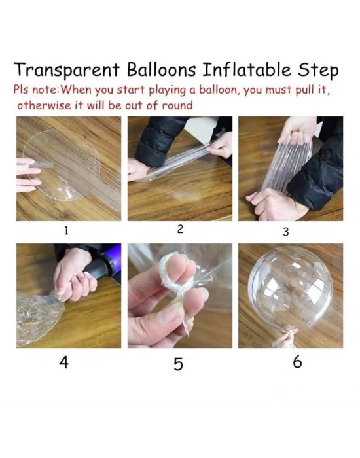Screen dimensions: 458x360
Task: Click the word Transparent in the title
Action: tap(63, 71)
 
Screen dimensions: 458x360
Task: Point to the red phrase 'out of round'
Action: tap(161, 105)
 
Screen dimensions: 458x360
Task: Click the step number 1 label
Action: tap(66, 230)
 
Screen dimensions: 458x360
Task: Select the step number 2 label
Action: tap(179, 229)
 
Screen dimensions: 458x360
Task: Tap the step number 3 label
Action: tap(285, 232)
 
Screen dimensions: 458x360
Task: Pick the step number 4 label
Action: tap(63, 362)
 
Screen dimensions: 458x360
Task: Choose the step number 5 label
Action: tap(178, 364)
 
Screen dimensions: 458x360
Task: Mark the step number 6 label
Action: tap(297, 362)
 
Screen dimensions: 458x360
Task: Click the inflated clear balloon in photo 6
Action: tap(291, 288)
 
